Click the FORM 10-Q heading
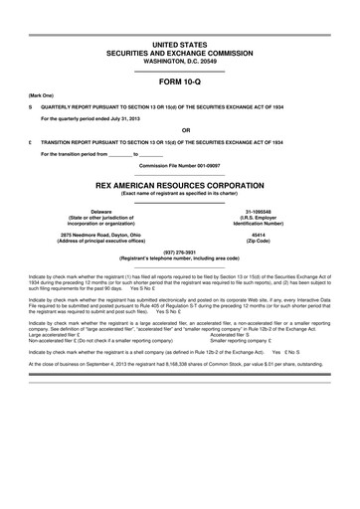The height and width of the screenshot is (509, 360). (x=179, y=84)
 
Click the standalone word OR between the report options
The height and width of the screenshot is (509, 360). (x=179, y=128)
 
